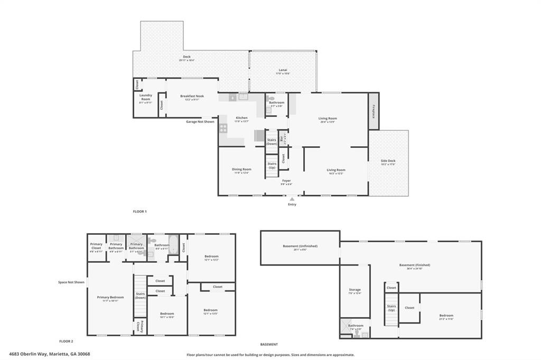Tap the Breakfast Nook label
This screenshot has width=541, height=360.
coord(192,96)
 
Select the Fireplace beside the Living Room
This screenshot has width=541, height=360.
coord(374,111)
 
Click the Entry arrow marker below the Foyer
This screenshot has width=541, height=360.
coord(292,199)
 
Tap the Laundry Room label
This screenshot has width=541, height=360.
coord(146,97)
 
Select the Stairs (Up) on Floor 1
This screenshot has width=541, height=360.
coord(272,165)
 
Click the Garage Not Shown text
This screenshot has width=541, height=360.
coord(200,121)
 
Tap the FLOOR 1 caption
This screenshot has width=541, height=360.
coord(139,211)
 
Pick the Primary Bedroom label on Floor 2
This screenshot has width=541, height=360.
coord(110,297)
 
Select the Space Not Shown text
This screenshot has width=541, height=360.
coord(71,282)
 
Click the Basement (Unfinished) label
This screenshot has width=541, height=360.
coord(300,246)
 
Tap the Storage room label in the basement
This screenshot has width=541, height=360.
coord(355,289)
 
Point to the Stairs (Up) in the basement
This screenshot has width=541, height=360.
coord(391,307)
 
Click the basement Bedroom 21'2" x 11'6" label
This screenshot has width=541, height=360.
coord(446,316)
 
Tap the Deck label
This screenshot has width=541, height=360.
coord(186,56)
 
